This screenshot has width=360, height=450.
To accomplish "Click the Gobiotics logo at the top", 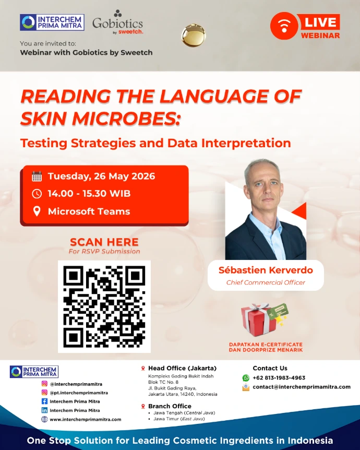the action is click(117, 22).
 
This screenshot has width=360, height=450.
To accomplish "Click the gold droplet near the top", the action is click(194, 35).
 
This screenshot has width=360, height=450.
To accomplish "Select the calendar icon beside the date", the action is click(37, 176).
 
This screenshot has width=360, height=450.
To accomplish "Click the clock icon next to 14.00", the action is click(37, 194).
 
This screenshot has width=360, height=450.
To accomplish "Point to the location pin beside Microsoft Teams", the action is click(37, 211).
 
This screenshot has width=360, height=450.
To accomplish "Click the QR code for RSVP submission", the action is click(104, 306).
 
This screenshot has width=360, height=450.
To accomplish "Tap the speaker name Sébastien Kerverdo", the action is click(266, 270).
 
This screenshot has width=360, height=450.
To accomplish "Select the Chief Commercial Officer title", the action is click(266, 282).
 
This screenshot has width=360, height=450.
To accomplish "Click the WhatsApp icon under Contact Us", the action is click(246, 378).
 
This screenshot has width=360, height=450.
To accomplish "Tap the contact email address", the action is click(302, 387).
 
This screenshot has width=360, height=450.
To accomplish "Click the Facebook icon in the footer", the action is click(44, 401).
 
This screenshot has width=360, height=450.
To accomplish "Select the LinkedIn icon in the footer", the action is click(44, 410).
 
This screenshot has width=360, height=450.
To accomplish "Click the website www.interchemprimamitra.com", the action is click(86, 419).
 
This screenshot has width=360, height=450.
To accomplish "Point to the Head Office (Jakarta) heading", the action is click(182, 368).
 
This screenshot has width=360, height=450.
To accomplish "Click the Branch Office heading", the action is click(170, 406).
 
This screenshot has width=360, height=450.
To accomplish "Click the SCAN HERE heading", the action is click(104, 242).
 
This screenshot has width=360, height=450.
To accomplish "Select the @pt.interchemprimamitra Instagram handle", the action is click(79, 393).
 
